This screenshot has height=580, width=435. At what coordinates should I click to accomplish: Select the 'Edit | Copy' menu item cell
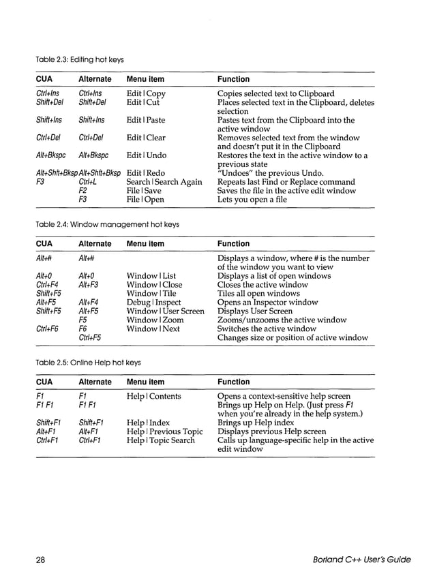[x=146, y=93]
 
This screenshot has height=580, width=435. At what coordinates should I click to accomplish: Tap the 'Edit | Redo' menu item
[x=145, y=173]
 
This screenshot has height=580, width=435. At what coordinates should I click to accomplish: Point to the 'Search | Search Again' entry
[x=164, y=182]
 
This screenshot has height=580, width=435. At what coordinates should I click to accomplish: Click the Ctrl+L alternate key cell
[x=87, y=182]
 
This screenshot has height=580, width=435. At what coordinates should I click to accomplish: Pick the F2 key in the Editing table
[x=82, y=191]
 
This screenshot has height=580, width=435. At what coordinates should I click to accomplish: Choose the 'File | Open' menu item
[x=145, y=200]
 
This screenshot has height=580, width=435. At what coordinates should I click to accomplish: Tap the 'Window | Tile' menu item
[x=151, y=293]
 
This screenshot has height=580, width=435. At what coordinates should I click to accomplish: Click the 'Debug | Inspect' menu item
[x=153, y=302]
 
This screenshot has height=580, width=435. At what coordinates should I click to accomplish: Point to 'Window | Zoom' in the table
[x=155, y=320]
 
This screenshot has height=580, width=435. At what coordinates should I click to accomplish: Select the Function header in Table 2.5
[x=233, y=382]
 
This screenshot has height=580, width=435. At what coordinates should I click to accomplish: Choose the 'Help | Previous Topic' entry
[x=164, y=431]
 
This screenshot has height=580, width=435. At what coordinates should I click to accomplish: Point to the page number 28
[x=40, y=560]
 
